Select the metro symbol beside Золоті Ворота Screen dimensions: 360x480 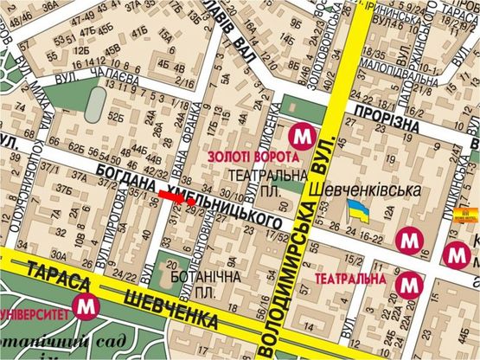pyautogui.click(x=302, y=136)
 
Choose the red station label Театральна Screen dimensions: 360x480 pyautogui.click(x=349, y=280)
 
